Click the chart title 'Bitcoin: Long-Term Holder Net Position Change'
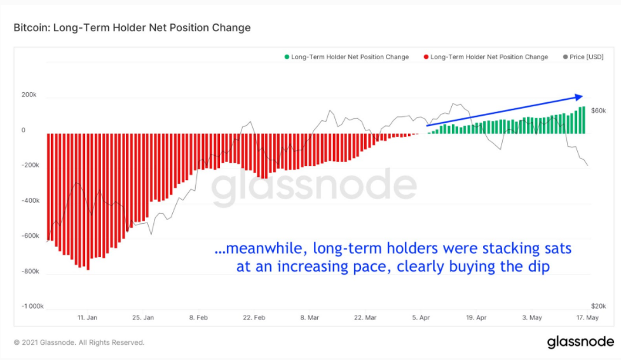132,28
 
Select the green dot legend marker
287,57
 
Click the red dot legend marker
426,57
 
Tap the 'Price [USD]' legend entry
583,57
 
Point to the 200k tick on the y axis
29,95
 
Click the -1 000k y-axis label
32,306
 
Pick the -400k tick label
31,200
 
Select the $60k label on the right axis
598,111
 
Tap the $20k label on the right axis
598,306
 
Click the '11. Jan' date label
87,317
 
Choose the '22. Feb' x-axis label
254,317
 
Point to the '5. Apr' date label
421,317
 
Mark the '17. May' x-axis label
587,317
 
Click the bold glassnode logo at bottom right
580,342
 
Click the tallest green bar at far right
583,120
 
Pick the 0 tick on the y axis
24,130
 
